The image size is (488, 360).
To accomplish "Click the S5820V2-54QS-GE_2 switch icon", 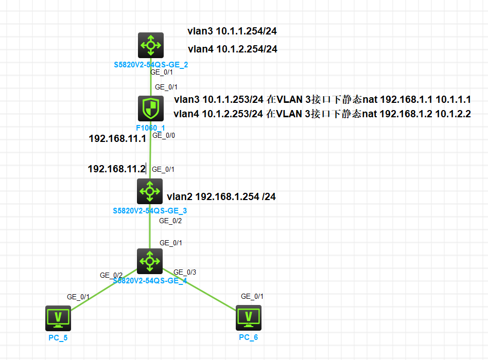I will [150, 45].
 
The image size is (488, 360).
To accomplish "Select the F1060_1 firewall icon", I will [150, 109].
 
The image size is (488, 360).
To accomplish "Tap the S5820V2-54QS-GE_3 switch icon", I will [150, 191].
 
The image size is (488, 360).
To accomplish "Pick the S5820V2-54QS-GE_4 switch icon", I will [150, 261].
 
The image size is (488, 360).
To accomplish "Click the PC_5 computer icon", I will [58, 317].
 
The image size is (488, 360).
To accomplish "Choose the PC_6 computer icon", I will [249, 317].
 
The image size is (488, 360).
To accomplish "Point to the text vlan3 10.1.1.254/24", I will [233, 31].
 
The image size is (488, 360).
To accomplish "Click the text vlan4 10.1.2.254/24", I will [233, 49].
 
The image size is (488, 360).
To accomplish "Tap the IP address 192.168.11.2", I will [117, 169].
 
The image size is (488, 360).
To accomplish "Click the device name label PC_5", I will [58, 337].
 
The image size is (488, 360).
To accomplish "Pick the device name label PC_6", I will [249, 337].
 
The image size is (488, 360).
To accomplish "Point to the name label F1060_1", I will [150, 127].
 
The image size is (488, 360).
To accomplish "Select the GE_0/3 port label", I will [185, 272].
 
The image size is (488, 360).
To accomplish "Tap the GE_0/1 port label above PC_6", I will [252, 296].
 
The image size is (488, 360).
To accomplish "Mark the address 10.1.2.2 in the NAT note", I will [453, 114].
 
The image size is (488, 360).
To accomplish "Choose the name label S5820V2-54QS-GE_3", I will [150, 211].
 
